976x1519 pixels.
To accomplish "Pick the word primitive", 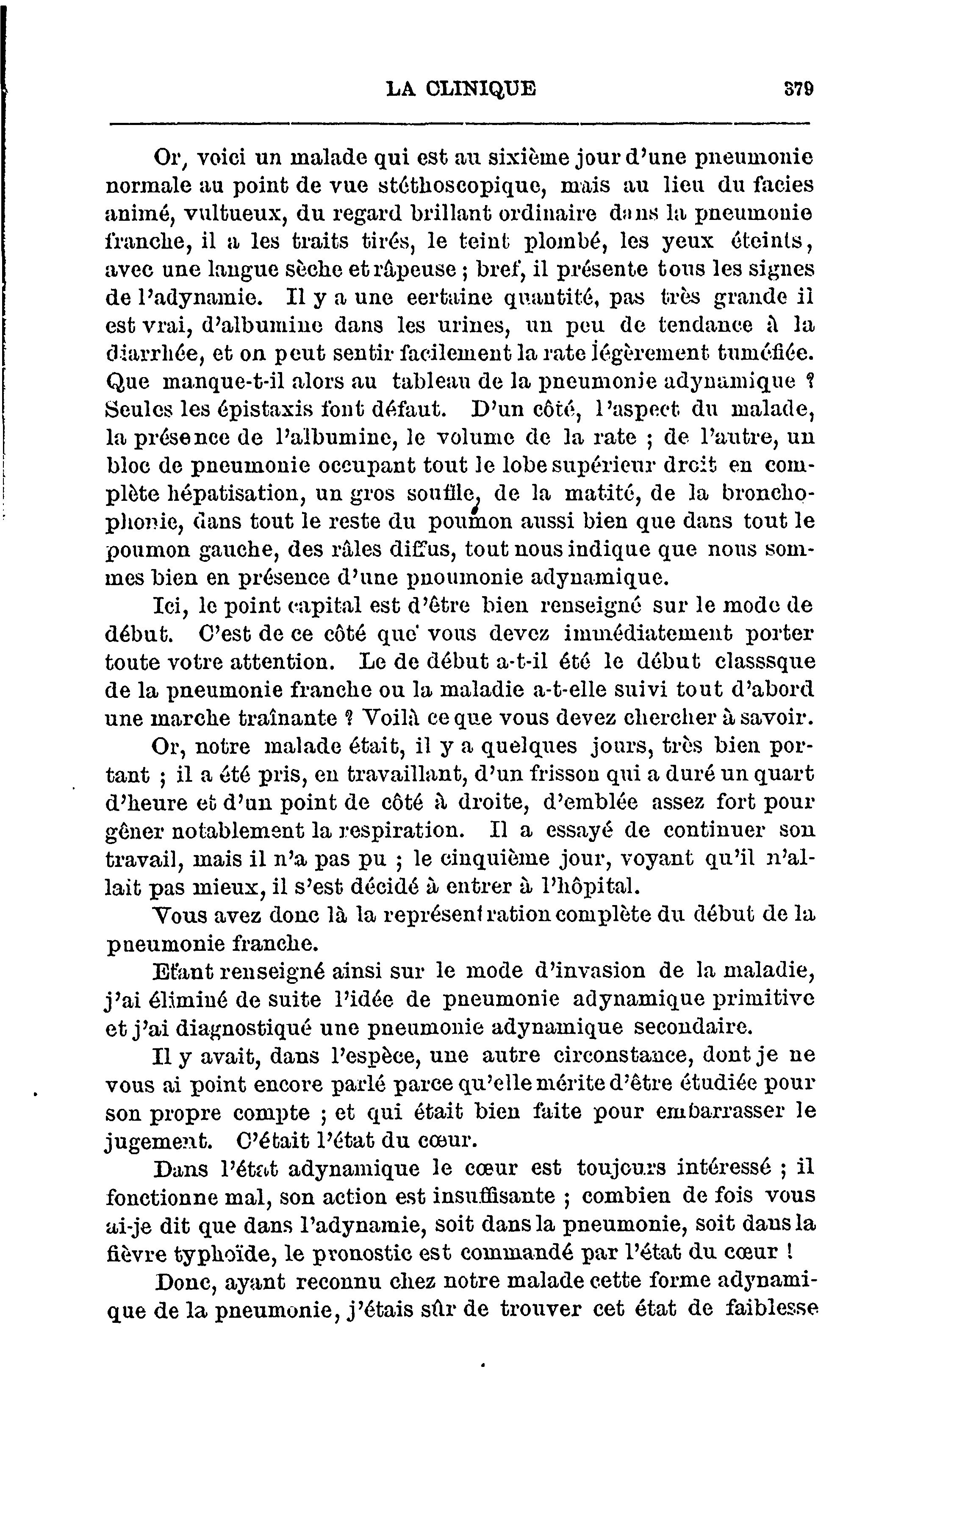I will (764, 999).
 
